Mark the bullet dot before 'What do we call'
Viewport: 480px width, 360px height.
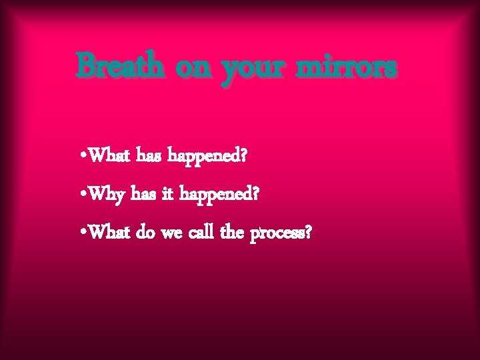tap(81, 235)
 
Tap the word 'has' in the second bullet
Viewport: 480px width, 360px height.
tap(141, 195)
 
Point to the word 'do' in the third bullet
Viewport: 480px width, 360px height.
tap(145, 234)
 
